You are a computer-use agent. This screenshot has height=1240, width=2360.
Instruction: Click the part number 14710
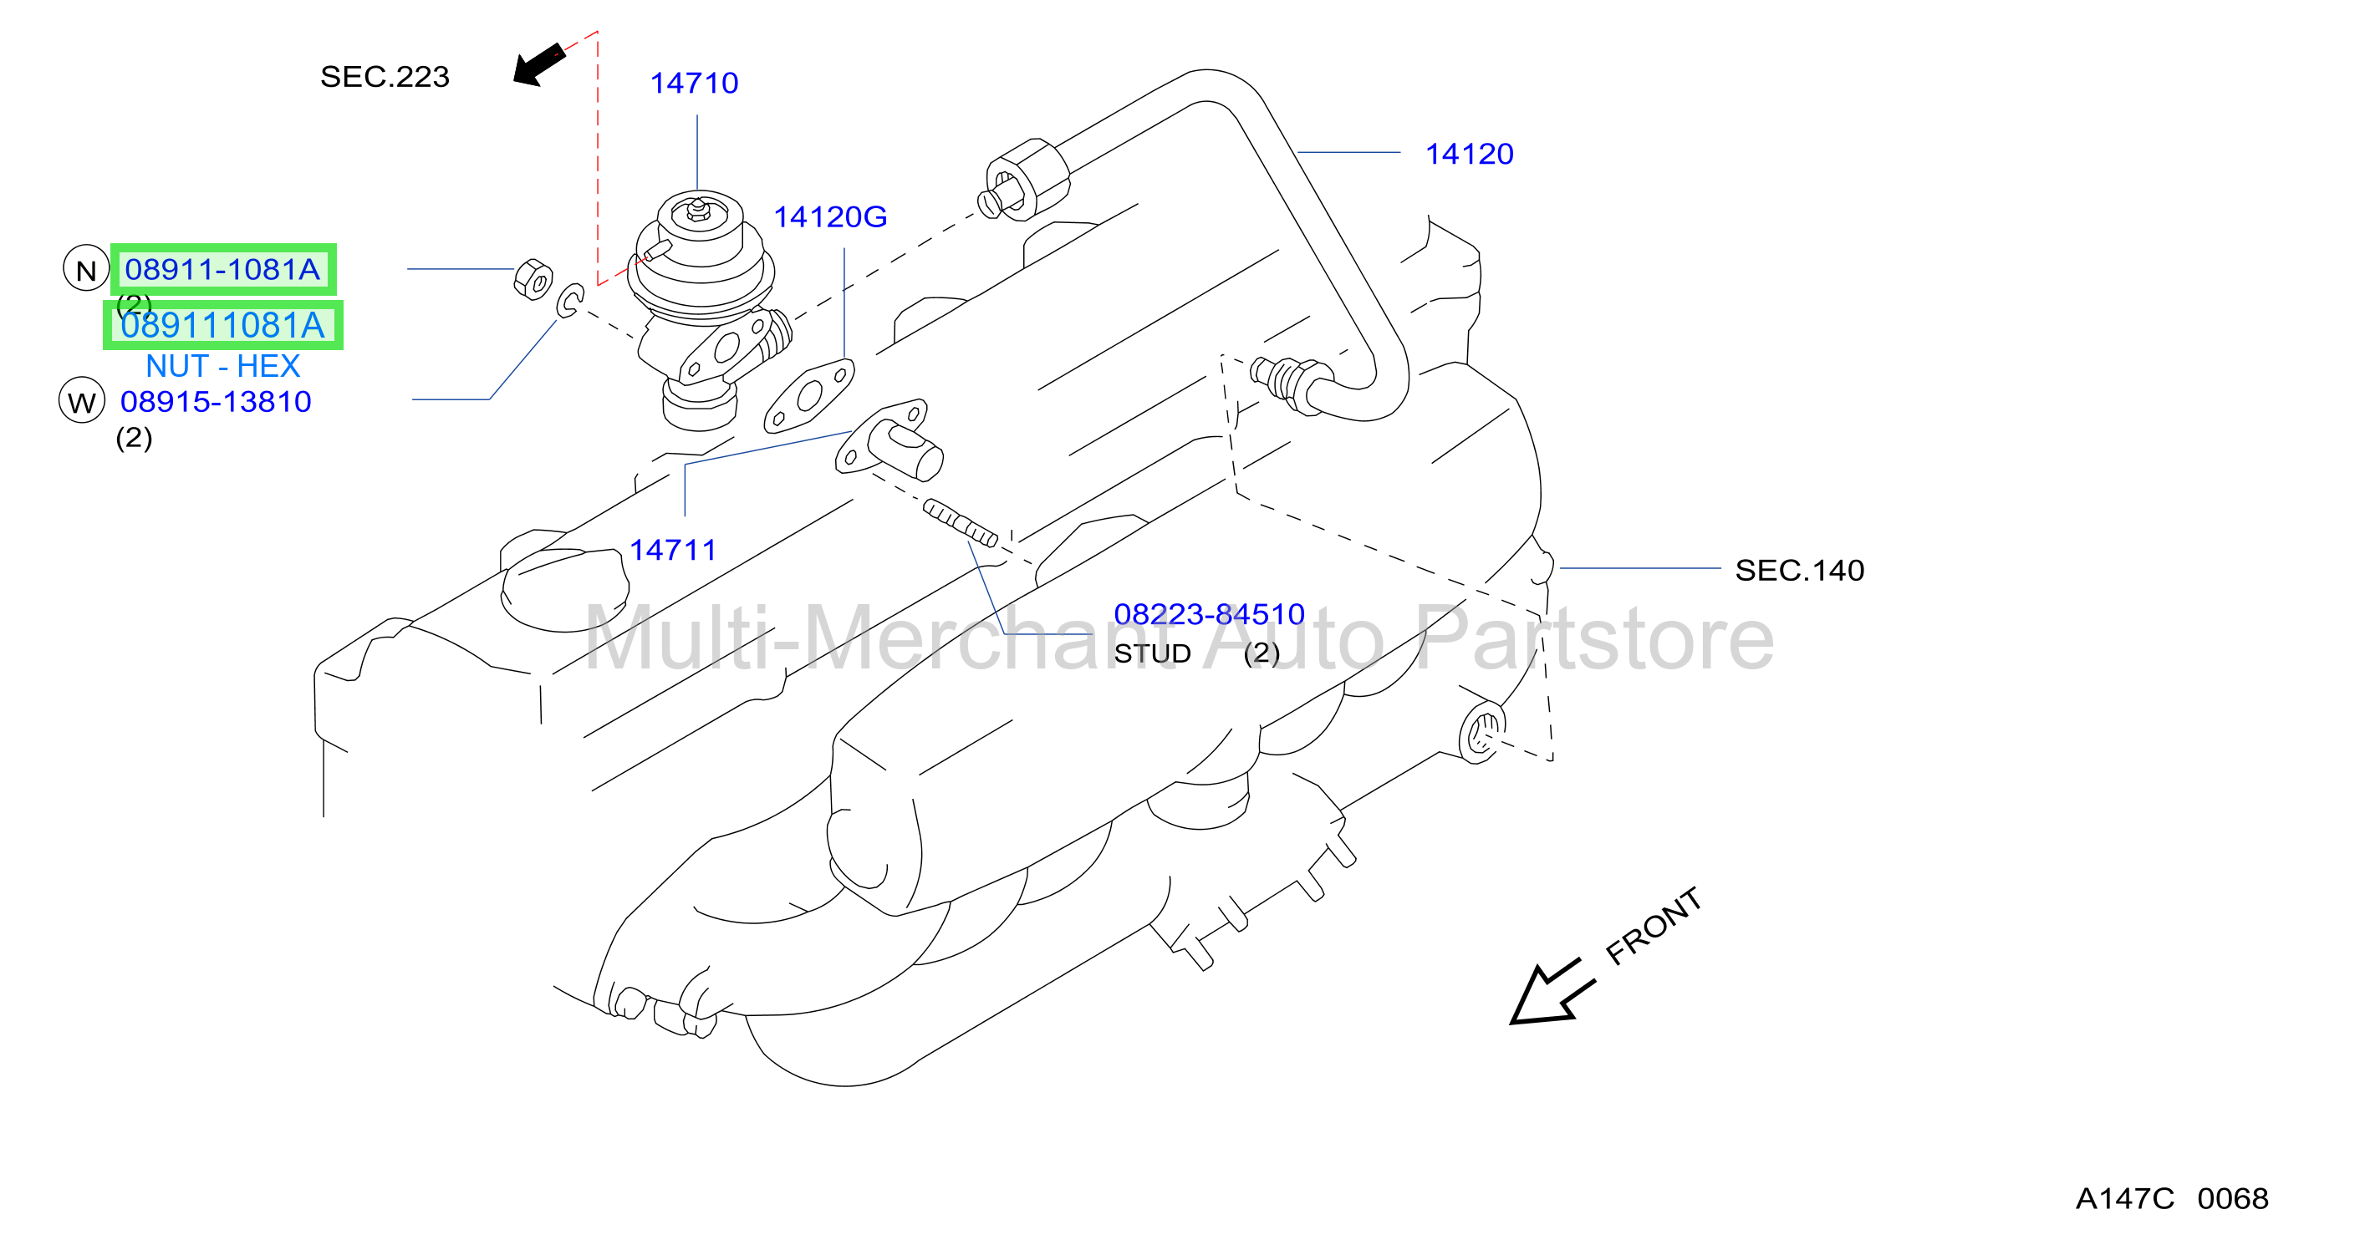pyautogui.click(x=694, y=84)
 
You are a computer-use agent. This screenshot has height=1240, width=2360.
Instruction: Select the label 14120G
pyautogui.click(x=830, y=217)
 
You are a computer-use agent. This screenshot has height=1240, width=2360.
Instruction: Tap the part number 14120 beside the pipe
pyautogui.click(x=1469, y=154)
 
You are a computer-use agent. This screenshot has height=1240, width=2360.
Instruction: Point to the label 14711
pyautogui.click(x=672, y=550)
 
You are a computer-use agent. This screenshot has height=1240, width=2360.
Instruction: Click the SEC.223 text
pyautogui.click(x=385, y=77)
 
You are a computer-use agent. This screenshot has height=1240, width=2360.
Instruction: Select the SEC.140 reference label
pyautogui.click(x=1799, y=571)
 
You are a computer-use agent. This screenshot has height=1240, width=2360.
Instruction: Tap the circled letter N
pyautogui.click(x=86, y=268)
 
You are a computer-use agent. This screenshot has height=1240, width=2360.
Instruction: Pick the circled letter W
pyautogui.click(x=82, y=400)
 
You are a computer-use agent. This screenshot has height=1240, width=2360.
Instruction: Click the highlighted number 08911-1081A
pyautogui.click(x=222, y=269)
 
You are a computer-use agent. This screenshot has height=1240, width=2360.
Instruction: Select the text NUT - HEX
pyautogui.click(x=222, y=366)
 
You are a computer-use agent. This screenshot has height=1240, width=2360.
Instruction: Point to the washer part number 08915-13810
pyautogui.click(x=216, y=401)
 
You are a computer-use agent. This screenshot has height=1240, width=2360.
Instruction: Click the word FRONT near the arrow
pyautogui.click(x=1654, y=925)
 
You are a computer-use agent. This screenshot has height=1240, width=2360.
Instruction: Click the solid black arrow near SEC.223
pyautogui.click(x=538, y=64)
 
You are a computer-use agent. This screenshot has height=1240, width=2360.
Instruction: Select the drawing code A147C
pyautogui.click(x=2124, y=1198)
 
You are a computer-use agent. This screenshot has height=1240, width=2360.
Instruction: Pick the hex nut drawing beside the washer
pyautogui.click(x=533, y=278)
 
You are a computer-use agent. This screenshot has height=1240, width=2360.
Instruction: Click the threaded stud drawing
pyautogui.click(x=960, y=523)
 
